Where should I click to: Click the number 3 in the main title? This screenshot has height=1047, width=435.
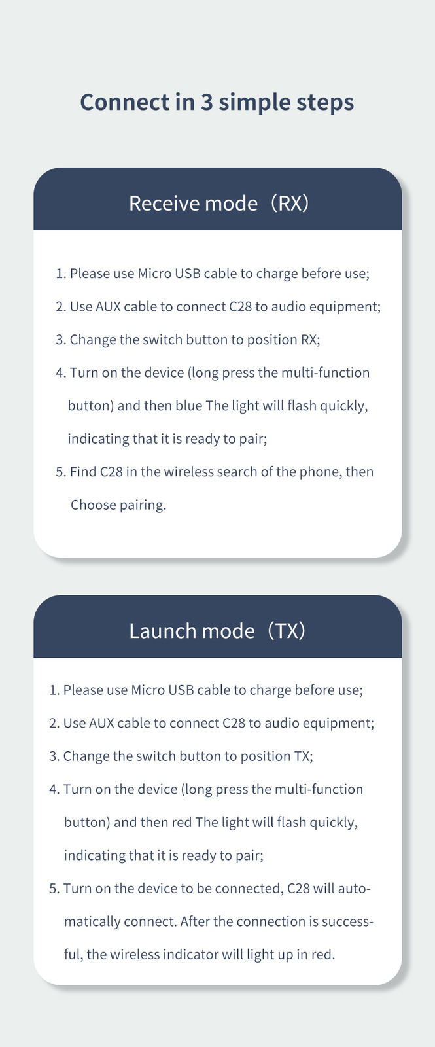coord(207,102)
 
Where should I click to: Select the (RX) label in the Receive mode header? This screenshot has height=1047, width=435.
coord(290,204)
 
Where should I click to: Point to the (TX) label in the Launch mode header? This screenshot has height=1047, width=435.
coord(287,631)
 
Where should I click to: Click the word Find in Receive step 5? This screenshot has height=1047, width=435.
coord(82,472)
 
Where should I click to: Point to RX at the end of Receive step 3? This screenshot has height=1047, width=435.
coord(309,340)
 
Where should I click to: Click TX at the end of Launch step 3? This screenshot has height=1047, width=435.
coord(302,756)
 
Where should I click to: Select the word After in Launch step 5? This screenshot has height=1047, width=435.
coord(195,921)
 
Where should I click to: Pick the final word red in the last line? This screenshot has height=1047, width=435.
coord(323,955)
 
